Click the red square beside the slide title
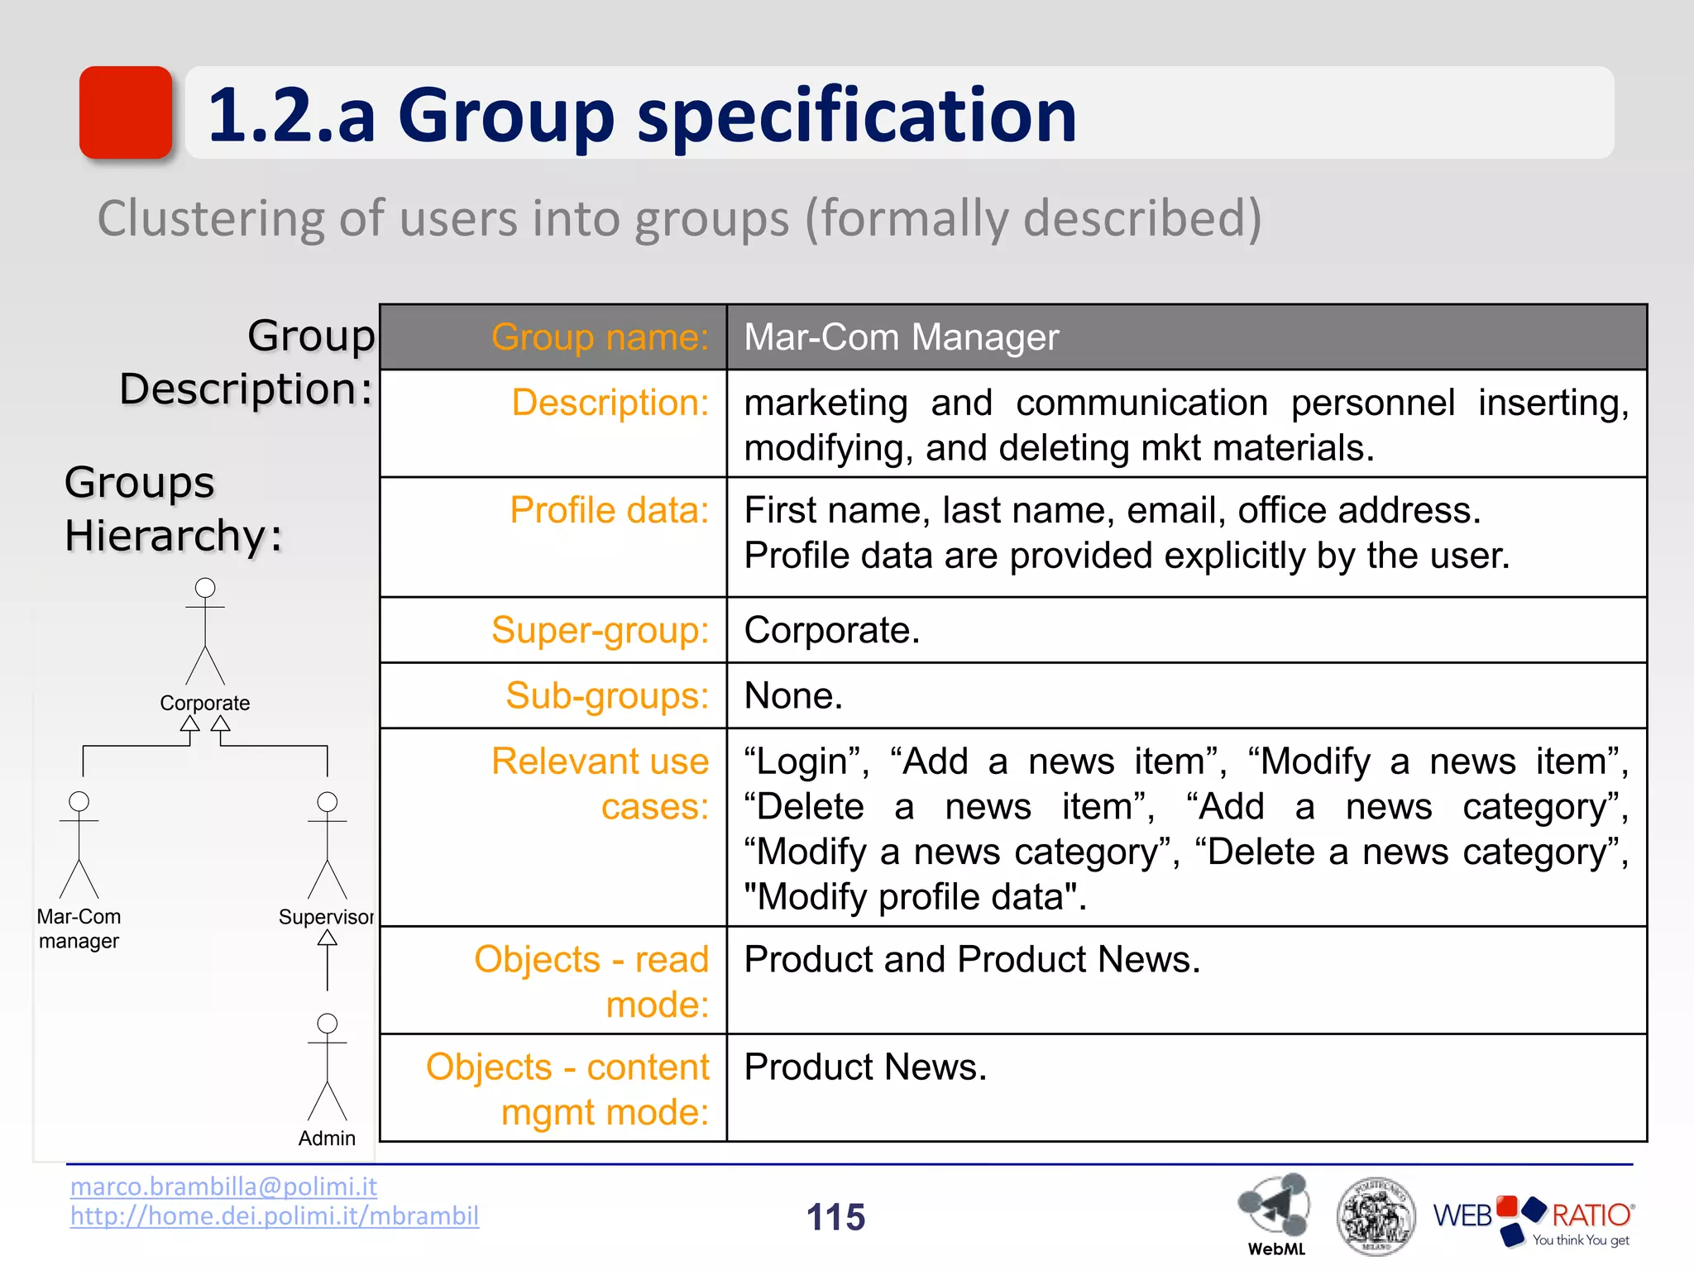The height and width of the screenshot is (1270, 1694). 126,112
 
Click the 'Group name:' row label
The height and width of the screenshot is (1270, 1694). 600,337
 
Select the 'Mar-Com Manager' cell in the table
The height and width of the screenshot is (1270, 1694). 902,337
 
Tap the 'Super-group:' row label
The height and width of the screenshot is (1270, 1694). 600,630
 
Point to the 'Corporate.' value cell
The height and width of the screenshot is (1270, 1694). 832,630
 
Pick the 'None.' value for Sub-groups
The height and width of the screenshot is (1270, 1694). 793,695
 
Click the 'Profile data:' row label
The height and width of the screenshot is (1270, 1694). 610,510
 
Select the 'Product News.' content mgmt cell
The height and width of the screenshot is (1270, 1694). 865,1067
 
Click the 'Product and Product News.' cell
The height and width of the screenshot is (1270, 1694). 972,959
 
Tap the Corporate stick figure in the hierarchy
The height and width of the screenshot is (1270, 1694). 205,633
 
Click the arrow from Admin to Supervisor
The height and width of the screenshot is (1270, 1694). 328,959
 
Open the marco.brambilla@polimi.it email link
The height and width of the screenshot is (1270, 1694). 223,1186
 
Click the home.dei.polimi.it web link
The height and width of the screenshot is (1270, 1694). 274,1216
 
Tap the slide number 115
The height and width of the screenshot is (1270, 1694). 835,1217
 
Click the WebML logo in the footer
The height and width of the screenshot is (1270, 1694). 1275,1211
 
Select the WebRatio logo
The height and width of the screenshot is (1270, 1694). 1533,1219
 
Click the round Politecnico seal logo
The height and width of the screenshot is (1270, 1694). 1376,1216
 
